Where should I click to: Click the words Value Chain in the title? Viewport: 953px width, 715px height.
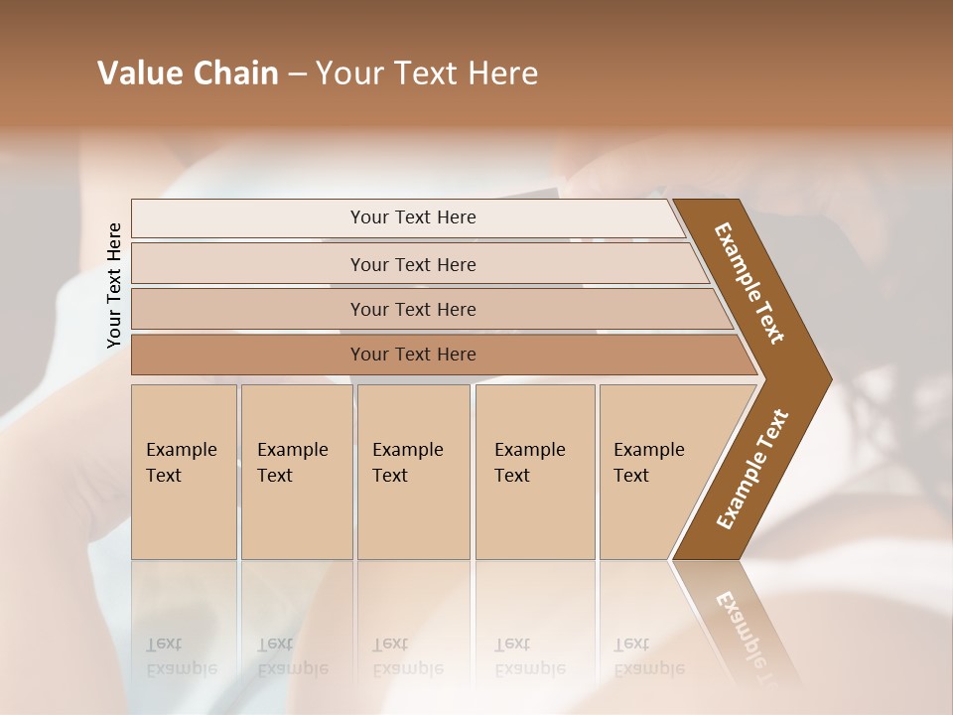[x=188, y=73]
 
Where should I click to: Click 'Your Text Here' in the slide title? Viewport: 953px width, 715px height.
[x=427, y=73]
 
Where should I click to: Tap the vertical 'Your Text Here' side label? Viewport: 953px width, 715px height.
[x=114, y=285]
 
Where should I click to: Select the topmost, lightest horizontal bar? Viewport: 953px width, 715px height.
[x=248, y=217]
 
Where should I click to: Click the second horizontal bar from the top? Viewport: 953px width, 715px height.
[x=248, y=264]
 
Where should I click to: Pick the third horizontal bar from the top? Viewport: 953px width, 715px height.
[x=248, y=309]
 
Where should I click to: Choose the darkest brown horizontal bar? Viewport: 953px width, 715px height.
[x=248, y=355]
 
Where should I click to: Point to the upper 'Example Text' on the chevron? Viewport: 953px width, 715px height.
[x=749, y=283]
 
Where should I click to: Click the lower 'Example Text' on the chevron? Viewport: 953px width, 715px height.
[x=751, y=469]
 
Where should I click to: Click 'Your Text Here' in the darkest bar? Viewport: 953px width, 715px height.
[x=413, y=355]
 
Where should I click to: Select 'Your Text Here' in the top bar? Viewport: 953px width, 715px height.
[x=413, y=217]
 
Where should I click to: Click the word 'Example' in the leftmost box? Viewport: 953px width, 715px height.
[x=181, y=450]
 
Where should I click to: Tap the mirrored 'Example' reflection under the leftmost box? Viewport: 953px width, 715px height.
[x=181, y=668]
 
